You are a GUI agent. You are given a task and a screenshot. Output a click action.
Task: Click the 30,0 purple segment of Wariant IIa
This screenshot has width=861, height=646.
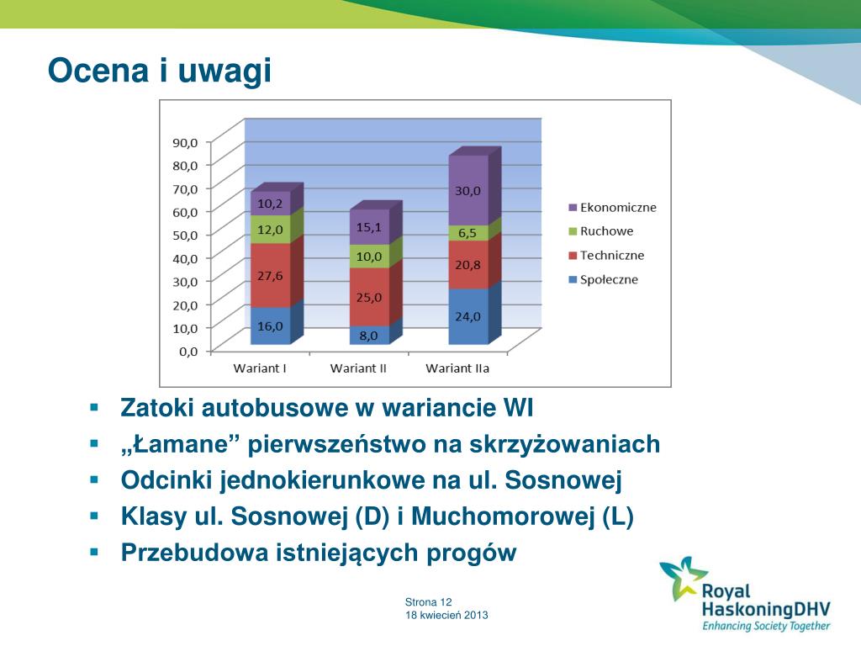(x=468, y=190)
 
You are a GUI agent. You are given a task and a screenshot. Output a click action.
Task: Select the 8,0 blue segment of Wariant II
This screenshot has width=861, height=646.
(x=369, y=335)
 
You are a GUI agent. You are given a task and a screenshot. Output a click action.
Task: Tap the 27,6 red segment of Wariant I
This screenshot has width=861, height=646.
(x=270, y=275)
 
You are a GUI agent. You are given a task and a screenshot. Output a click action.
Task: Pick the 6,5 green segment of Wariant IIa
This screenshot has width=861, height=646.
(x=468, y=233)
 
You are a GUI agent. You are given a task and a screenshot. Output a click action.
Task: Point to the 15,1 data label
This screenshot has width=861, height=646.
(x=369, y=227)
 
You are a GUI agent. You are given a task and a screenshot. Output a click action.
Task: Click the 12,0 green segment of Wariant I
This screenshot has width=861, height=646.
(x=270, y=229)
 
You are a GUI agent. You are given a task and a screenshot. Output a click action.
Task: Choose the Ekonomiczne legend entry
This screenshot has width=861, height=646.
(x=612, y=208)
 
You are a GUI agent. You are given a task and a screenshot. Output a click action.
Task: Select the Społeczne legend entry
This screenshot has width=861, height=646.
(x=604, y=279)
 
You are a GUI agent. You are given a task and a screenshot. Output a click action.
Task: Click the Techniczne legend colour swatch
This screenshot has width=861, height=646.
(x=573, y=256)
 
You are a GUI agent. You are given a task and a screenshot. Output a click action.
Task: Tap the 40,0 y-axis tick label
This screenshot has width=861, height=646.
(x=185, y=258)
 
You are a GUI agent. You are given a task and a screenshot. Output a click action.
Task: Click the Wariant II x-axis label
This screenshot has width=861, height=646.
(x=358, y=368)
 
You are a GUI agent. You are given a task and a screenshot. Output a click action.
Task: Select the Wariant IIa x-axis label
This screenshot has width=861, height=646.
(x=457, y=368)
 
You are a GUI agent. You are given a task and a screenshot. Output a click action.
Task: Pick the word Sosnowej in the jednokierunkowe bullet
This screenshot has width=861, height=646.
(x=563, y=479)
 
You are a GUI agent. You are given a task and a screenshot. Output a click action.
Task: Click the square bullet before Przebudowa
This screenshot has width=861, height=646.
(x=94, y=552)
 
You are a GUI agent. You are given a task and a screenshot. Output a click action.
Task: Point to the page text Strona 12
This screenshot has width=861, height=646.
(x=428, y=602)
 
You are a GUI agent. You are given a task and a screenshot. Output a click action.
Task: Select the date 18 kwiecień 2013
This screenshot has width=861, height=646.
(x=446, y=615)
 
